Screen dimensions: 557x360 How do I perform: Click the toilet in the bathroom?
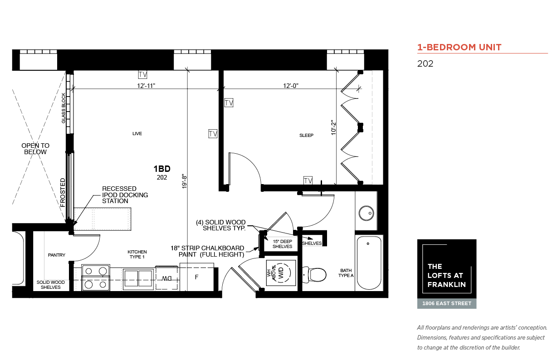click(x=314, y=275)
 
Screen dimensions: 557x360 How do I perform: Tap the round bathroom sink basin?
click(x=366, y=213)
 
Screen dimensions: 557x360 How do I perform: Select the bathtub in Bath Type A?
click(x=369, y=263)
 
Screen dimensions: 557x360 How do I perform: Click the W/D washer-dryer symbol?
click(x=281, y=273)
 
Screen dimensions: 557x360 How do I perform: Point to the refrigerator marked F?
click(x=197, y=277)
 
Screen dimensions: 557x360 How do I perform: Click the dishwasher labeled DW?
click(x=166, y=278)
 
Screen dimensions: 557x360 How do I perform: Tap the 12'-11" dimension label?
click(x=146, y=86)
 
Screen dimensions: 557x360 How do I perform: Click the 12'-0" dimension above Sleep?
click(x=291, y=86)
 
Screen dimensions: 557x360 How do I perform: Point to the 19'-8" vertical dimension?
click(x=184, y=181)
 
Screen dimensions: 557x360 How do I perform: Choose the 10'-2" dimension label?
click(x=333, y=128)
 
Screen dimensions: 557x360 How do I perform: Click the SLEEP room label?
click(x=306, y=135)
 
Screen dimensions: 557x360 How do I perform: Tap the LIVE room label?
click(x=137, y=133)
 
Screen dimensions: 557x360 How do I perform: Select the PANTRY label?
click(x=57, y=255)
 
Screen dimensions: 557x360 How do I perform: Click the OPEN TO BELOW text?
click(x=35, y=149)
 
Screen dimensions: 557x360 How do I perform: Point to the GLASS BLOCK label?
click(x=64, y=108)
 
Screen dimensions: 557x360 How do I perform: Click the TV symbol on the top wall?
click(x=143, y=75)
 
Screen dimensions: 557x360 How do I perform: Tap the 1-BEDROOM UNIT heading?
click(x=459, y=47)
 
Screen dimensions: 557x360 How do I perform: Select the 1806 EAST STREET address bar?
click(x=447, y=303)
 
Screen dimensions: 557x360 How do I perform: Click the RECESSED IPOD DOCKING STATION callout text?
click(x=125, y=195)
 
